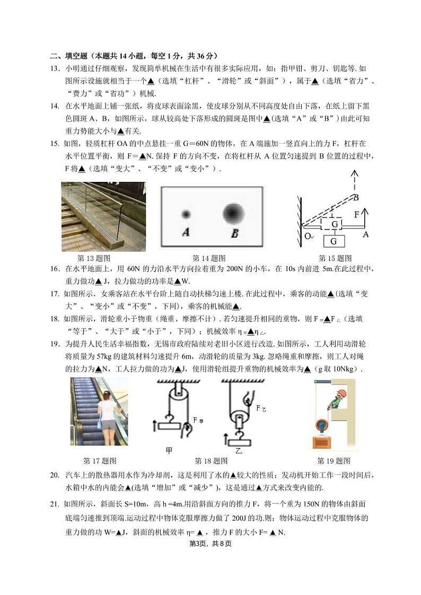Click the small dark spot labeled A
pyautogui.click(x=186, y=214)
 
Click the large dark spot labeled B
pyautogui.click(x=233, y=214)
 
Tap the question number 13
pyautogui.click(x=55, y=69)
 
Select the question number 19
pyautogui.click(x=55, y=344)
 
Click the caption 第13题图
pyautogui.click(x=94, y=258)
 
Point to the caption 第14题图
pyautogui.click(x=209, y=258)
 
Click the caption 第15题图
pyautogui.click(x=335, y=258)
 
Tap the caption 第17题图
pyautogui.click(x=100, y=461)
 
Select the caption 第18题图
pyautogui.click(x=211, y=461)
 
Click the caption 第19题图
pyautogui.click(x=334, y=461)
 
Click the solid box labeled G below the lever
pyautogui.click(x=334, y=241)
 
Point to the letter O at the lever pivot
pyautogui.click(x=308, y=236)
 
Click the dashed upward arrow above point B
pyautogui.click(x=355, y=181)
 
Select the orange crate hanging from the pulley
pyautogui.click(x=322, y=443)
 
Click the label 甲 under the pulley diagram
pyautogui.click(x=169, y=450)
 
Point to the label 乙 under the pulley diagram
pyautogui.click(x=239, y=450)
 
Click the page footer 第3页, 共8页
pyautogui.click(x=210, y=544)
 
